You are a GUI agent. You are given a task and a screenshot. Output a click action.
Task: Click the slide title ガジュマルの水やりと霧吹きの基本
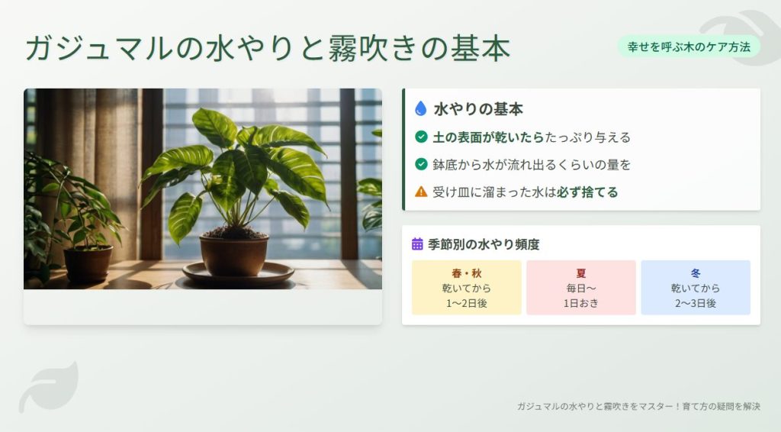point(268,48)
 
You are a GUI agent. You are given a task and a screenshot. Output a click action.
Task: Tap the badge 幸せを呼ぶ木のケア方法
point(689,47)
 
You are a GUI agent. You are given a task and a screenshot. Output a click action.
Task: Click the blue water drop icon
point(420,109)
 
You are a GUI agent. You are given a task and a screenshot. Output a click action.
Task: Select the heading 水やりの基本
point(478,109)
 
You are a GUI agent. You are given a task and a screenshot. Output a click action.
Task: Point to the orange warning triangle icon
point(421,192)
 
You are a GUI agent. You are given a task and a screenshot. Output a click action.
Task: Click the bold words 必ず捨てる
point(587,192)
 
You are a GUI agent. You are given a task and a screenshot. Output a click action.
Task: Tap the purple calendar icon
point(417,244)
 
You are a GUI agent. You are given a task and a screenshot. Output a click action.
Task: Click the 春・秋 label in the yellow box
point(467,273)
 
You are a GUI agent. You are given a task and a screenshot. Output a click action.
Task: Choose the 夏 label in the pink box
point(581,273)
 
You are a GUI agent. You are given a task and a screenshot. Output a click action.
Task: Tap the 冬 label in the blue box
point(696,273)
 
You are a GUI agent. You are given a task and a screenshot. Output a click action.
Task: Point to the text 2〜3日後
point(695,303)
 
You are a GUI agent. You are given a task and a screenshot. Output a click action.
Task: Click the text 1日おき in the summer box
point(581,303)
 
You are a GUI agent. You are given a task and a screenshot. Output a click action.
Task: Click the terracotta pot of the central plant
point(234,254)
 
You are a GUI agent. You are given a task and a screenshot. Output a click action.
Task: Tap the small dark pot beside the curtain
point(88,263)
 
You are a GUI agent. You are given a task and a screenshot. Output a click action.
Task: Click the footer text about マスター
point(638,407)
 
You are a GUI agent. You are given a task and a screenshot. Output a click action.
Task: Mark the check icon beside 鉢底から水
point(421,165)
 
